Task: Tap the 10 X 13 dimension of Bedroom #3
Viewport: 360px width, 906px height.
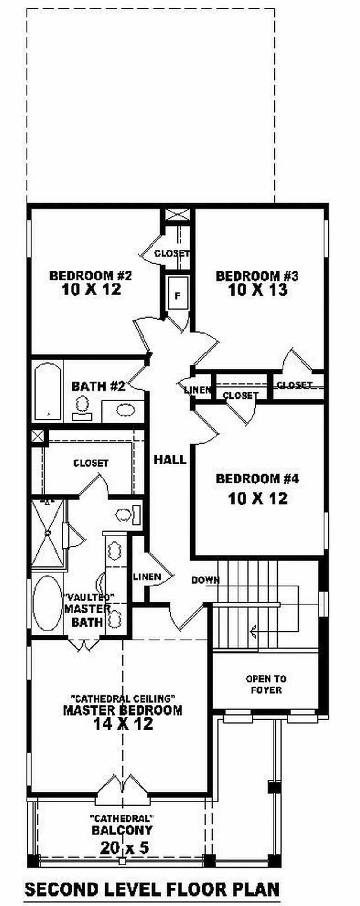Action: point(257,290)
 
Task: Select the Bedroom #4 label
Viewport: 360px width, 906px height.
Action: point(257,478)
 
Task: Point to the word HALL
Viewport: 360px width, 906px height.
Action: point(170,460)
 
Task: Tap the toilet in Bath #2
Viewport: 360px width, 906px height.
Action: point(82,406)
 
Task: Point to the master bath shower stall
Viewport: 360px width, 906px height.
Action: point(48,535)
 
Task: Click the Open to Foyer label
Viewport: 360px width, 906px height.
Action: point(266,685)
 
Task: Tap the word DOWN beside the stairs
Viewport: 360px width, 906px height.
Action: point(205,580)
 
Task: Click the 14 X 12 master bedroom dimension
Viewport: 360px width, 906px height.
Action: point(123,724)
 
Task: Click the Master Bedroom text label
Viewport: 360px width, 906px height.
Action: point(123,711)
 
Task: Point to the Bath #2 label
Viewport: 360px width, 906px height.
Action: point(98,386)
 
